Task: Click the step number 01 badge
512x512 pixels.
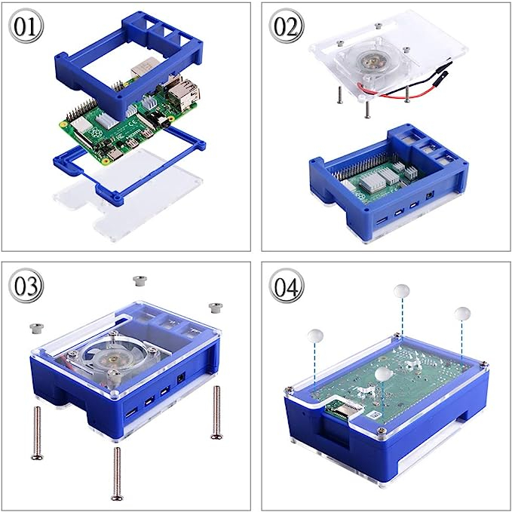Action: pos(26,26)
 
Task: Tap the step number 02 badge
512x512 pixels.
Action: pos(287,26)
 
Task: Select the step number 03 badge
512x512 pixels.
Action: pos(26,286)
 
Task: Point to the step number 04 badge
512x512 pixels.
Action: pos(287,286)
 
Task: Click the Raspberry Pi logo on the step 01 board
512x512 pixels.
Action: pos(95,132)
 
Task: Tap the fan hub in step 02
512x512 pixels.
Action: pos(370,60)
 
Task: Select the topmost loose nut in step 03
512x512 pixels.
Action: pos(139,281)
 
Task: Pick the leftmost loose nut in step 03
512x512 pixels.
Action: pos(36,328)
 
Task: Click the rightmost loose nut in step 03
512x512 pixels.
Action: pos(216,308)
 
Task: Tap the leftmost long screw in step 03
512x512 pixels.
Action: pos(37,433)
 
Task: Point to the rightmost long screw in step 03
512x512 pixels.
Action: pos(216,412)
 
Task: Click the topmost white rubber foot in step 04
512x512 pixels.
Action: pos(402,290)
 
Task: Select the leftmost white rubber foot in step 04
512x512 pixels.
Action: pos(315,336)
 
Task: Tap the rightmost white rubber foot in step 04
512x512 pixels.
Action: pos(462,314)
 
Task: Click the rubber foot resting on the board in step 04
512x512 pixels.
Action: pos(383,374)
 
